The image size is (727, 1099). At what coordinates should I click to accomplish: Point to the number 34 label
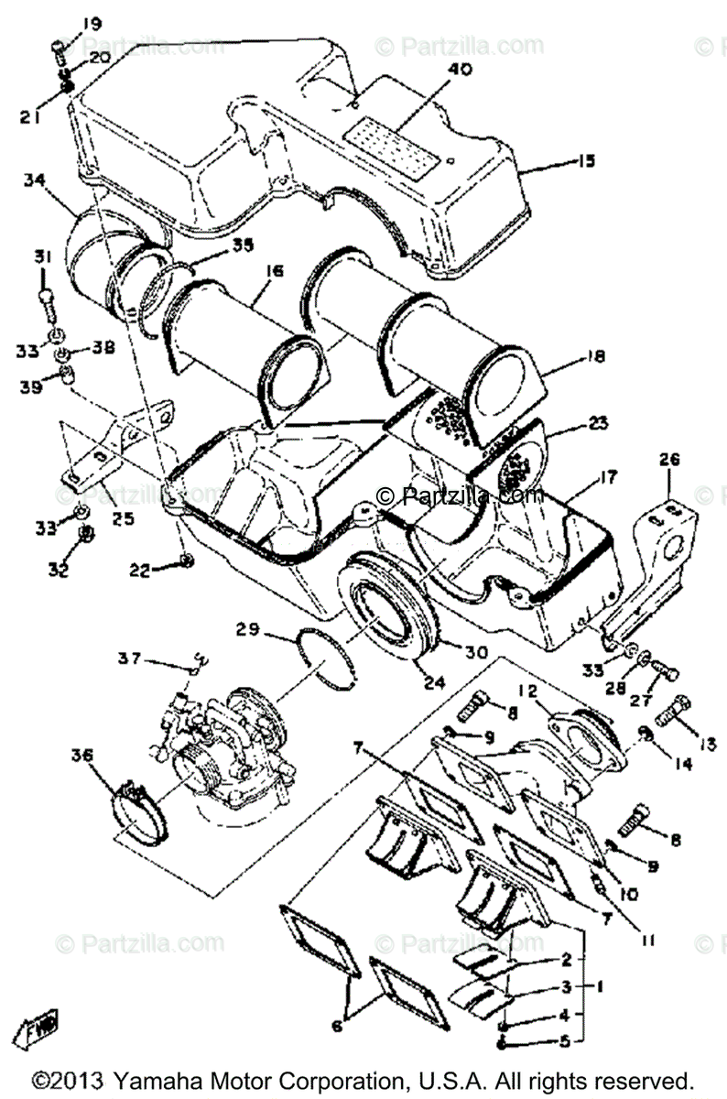(35, 182)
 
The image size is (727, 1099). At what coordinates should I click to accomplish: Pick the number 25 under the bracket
(122, 519)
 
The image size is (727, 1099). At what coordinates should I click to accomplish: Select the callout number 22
(140, 569)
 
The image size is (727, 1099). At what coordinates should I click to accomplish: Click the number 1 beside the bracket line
(599, 988)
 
